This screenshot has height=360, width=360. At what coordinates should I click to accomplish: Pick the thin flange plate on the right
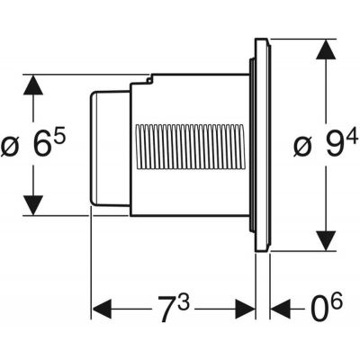(263, 144)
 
